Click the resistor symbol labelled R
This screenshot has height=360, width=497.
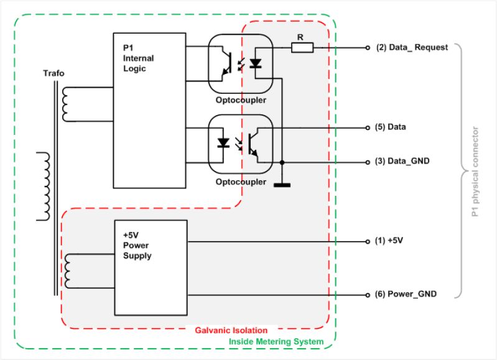coord(302,47)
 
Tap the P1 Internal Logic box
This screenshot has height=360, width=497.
coord(149,110)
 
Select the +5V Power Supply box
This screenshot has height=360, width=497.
coord(151,268)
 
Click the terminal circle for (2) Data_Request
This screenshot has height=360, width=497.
coord(368,48)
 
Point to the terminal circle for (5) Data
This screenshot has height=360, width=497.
coord(368,127)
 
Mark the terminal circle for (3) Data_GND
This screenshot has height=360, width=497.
coord(368,162)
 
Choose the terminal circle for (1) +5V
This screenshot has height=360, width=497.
coord(368,241)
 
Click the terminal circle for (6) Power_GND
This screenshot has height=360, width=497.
coord(368,295)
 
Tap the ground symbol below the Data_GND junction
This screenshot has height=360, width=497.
coord(282,185)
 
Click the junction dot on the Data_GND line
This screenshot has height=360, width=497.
coord(282,162)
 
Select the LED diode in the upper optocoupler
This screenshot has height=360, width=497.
coord(256,63)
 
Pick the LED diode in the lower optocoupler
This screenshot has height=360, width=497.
coord(223,143)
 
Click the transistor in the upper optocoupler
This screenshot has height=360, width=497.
coord(226,63)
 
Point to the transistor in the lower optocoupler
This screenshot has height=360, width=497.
coord(254,145)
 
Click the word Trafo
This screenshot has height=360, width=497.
coord(53,73)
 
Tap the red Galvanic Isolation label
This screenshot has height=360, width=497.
coord(231,330)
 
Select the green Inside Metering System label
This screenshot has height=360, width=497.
coord(276,341)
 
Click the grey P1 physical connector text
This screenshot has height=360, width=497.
coord(475,172)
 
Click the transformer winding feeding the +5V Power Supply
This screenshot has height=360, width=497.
coord(68,271)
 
